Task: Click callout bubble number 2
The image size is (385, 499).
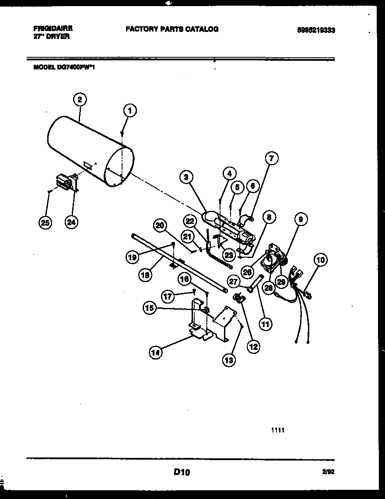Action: click(x=79, y=100)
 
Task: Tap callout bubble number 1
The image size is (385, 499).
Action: click(x=129, y=111)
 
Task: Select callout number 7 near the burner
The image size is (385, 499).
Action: click(x=271, y=159)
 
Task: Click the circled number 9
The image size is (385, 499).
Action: click(x=301, y=220)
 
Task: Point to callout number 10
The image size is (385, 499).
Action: click(x=321, y=261)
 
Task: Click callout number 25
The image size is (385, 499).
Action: click(x=45, y=222)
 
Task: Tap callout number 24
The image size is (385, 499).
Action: click(x=71, y=222)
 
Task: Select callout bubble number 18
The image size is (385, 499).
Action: click(x=146, y=275)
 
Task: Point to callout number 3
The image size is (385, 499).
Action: click(x=186, y=177)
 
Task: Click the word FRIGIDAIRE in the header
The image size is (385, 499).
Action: click(x=53, y=28)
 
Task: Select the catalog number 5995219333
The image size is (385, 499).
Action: click(x=319, y=30)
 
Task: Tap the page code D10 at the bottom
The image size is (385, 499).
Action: click(x=182, y=472)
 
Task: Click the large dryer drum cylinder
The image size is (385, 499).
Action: click(x=87, y=149)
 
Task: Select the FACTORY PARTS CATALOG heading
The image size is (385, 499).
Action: click(x=171, y=29)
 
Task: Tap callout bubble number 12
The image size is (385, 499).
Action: click(x=253, y=347)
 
